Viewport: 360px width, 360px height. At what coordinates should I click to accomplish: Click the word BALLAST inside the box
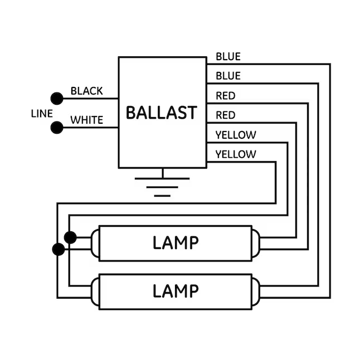click(161, 113)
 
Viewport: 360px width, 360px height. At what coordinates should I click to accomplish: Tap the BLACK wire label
click(86, 91)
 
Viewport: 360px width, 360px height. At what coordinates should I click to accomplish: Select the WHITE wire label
click(86, 120)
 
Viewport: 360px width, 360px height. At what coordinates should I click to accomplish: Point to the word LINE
click(42, 113)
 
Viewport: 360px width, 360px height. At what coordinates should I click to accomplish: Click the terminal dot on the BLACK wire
click(56, 99)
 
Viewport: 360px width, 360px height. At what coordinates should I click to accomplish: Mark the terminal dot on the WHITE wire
click(56, 128)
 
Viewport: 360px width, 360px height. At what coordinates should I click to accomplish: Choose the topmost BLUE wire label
click(228, 56)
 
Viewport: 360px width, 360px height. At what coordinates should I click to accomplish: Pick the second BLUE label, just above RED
click(228, 76)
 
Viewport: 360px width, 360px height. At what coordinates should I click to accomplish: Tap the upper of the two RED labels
click(225, 96)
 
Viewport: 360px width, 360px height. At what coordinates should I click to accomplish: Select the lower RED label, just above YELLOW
click(225, 115)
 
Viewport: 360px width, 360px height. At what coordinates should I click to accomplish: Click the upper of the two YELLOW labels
click(236, 135)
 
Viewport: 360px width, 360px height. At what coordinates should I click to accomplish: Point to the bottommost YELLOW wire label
click(236, 154)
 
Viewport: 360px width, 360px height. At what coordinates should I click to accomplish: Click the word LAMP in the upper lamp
click(176, 243)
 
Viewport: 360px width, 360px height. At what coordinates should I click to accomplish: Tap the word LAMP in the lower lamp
click(176, 291)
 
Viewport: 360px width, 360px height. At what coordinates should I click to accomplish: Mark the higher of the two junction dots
click(70, 237)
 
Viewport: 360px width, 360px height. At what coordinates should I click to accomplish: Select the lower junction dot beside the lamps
click(59, 249)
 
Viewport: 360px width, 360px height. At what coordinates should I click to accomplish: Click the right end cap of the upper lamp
click(256, 243)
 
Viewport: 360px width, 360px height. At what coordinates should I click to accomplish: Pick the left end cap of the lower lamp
click(95, 291)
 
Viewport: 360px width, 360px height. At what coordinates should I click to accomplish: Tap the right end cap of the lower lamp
click(256, 291)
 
